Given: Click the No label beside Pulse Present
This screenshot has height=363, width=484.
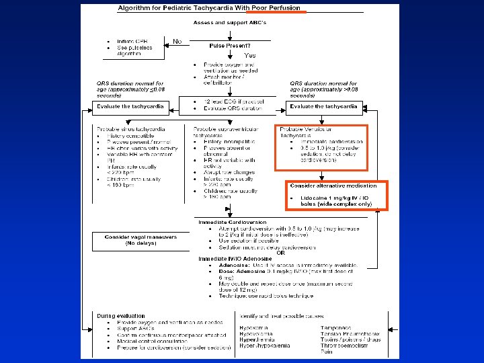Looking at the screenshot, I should (x=177, y=42).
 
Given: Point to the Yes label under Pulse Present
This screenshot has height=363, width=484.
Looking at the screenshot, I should (x=249, y=54).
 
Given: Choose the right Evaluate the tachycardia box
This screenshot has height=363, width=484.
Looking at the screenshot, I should (x=324, y=107).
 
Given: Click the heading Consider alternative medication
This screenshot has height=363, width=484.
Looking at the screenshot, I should (x=329, y=186).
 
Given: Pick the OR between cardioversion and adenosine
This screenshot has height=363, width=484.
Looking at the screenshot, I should (x=280, y=252).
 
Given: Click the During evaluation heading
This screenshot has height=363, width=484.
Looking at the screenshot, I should (x=120, y=315).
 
